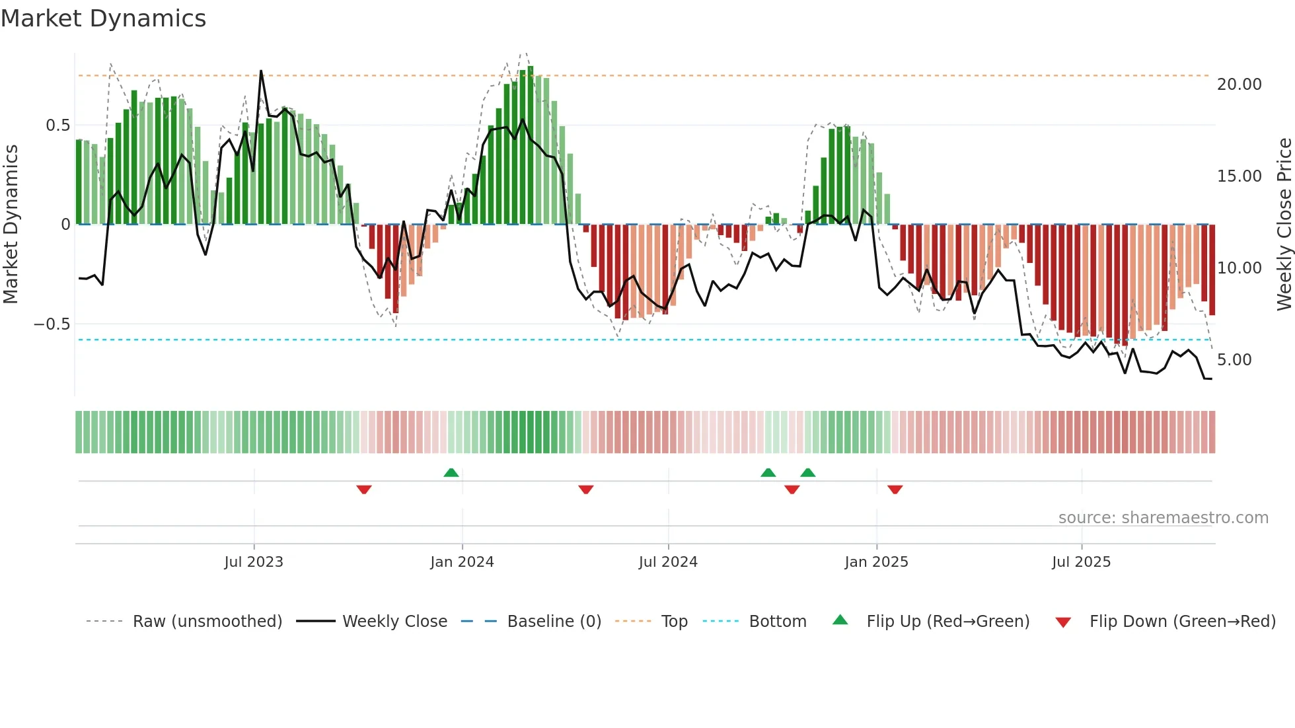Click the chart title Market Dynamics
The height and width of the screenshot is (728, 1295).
tap(104, 18)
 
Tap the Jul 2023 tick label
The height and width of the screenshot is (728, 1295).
tap(254, 562)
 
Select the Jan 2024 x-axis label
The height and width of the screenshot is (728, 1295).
tap(462, 562)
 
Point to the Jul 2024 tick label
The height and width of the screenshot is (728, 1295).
tap(668, 562)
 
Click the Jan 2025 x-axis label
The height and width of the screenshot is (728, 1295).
tap(876, 562)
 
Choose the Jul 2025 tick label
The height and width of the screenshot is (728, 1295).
tap(1082, 562)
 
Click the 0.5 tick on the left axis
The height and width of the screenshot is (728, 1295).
tap(57, 126)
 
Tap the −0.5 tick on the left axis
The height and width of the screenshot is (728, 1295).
tap(52, 324)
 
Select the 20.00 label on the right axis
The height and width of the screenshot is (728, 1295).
tap(1239, 85)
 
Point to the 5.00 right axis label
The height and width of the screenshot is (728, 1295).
tap(1234, 360)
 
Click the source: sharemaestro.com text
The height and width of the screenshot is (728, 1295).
tap(1163, 518)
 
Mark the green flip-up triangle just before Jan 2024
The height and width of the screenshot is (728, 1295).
tap(451, 472)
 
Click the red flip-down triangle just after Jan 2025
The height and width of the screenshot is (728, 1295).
tap(895, 490)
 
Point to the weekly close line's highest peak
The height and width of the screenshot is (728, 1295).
tap(261, 71)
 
